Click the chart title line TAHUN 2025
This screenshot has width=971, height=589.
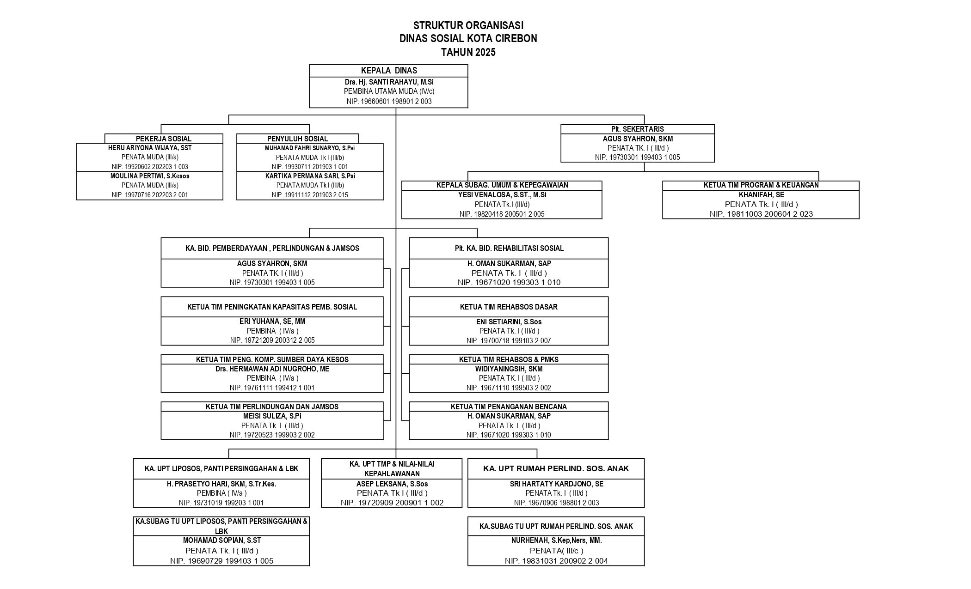tap(468, 52)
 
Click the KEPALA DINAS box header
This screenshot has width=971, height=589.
tap(389, 71)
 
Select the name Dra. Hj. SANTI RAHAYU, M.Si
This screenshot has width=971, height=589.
tap(389, 82)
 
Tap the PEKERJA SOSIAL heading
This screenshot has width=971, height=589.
tap(164, 139)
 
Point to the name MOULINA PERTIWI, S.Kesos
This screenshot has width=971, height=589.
tap(150, 176)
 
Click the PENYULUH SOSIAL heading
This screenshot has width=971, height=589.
tap(297, 139)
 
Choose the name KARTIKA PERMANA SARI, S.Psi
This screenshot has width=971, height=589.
tap(310, 176)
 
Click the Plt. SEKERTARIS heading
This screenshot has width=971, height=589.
tap(637, 129)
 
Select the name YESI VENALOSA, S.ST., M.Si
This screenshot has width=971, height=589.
tap(502, 195)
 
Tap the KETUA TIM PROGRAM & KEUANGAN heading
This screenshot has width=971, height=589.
tap(761, 185)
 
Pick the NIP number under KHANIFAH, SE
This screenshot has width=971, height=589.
tap(761, 214)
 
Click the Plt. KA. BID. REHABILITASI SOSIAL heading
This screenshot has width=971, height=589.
tap(509, 248)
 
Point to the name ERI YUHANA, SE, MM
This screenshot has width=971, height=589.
tap(272, 322)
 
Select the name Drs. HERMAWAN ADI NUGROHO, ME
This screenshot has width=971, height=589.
tap(272, 369)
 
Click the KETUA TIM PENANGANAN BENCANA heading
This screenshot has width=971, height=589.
tap(509, 407)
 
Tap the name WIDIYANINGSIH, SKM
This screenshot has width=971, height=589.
tap(509, 369)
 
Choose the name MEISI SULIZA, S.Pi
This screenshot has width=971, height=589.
tap(272, 416)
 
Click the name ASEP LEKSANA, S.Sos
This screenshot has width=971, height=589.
tap(392, 484)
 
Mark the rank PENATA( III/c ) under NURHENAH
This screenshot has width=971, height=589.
tap(556, 551)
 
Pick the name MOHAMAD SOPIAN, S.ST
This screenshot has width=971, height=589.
tap(222, 540)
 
